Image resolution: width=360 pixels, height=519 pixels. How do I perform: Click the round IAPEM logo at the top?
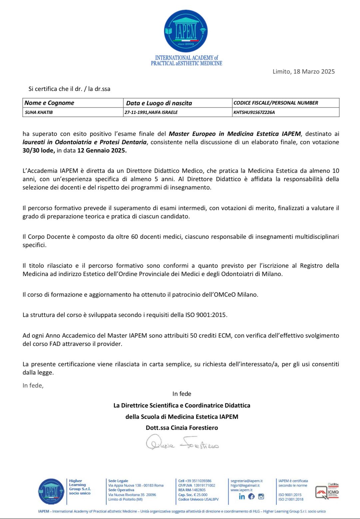click(186, 31)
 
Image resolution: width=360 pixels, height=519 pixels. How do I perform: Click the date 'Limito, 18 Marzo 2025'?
click(303, 72)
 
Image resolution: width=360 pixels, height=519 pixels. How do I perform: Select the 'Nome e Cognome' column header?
click(49, 103)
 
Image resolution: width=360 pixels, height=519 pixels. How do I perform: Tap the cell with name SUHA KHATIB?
click(39, 113)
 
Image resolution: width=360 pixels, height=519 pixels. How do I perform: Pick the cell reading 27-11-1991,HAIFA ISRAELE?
click(151, 113)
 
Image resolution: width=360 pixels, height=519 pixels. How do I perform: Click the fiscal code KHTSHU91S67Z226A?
click(254, 113)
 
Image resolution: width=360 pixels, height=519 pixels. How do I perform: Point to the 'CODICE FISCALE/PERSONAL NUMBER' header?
click(276, 103)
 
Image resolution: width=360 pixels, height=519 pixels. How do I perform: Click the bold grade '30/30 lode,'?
click(39, 150)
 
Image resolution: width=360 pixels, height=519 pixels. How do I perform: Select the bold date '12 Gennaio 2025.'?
click(102, 150)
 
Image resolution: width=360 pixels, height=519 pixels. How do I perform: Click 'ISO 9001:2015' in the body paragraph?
click(206, 315)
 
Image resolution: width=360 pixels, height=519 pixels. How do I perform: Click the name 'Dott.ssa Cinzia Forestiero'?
click(182, 428)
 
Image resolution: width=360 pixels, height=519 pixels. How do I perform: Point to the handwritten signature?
click(182, 443)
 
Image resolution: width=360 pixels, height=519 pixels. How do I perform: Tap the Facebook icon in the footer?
click(251, 496)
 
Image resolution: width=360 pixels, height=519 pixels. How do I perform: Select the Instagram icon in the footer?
click(261, 496)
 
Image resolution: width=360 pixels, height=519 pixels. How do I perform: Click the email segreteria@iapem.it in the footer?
click(246, 481)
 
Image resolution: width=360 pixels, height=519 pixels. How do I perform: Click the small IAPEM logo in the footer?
click(51, 491)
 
